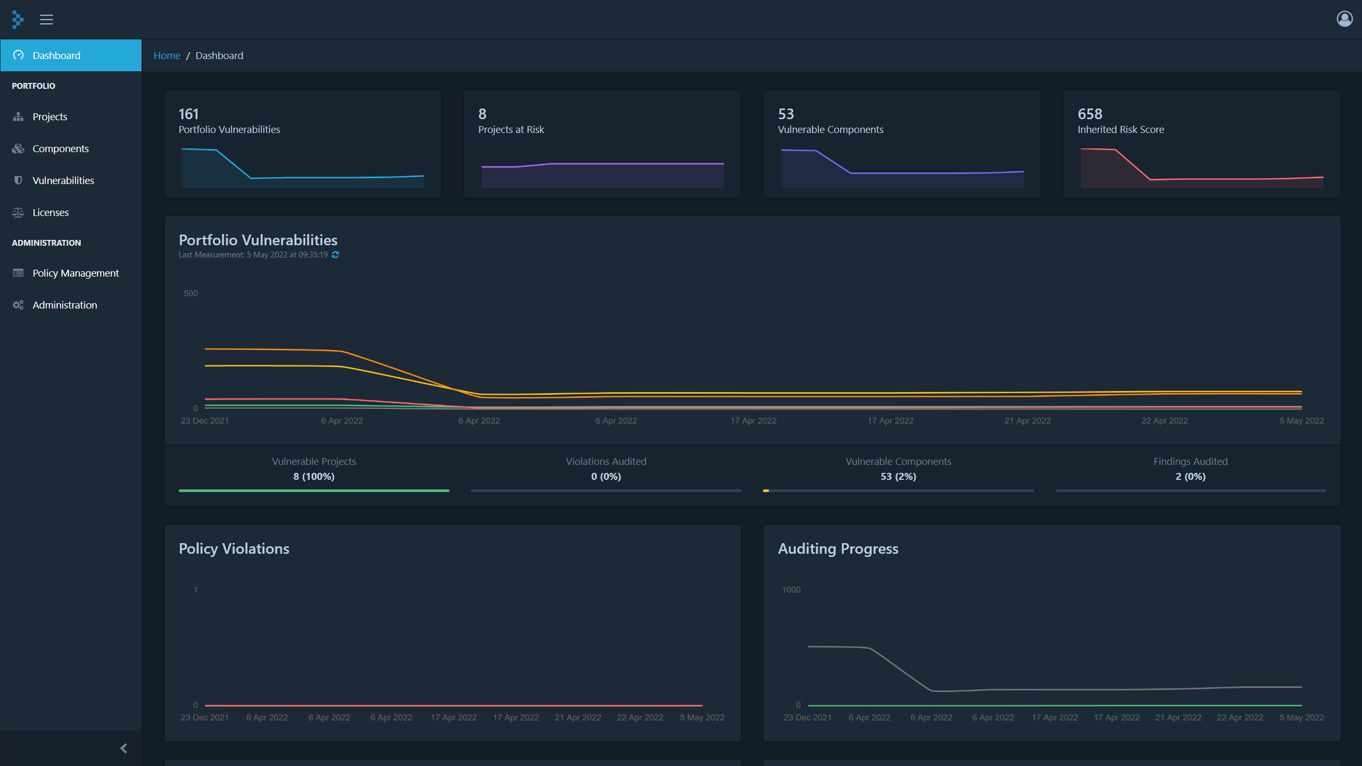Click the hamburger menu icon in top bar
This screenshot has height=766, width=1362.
coord(46,20)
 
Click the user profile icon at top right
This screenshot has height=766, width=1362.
coord(1344,19)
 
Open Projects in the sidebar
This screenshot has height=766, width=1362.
coord(49,116)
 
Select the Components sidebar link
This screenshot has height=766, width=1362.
coord(60,148)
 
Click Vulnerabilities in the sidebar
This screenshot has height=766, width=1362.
coord(63,180)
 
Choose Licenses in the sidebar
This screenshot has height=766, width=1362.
coord(51,212)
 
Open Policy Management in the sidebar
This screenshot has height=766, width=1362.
coord(76,273)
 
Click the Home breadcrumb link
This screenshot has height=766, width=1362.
coord(167,55)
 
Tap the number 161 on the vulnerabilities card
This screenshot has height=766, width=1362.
coord(188,114)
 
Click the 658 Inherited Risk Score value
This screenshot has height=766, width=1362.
coord(1090,114)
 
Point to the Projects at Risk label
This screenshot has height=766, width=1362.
coord(511,129)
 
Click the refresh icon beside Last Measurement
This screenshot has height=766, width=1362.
coord(335,255)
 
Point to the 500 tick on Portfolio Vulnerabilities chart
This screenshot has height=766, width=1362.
coord(190,293)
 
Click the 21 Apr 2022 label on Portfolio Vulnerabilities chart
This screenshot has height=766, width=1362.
coord(1027,420)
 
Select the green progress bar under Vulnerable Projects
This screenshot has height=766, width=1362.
coord(314,490)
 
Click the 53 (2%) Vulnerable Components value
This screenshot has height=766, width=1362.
coord(898,476)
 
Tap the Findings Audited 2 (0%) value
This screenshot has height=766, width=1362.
coord(1190,476)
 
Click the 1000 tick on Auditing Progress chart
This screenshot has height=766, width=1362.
coord(791,589)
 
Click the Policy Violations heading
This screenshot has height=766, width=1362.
coord(234,548)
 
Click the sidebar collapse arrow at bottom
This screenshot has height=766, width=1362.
coord(123,748)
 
